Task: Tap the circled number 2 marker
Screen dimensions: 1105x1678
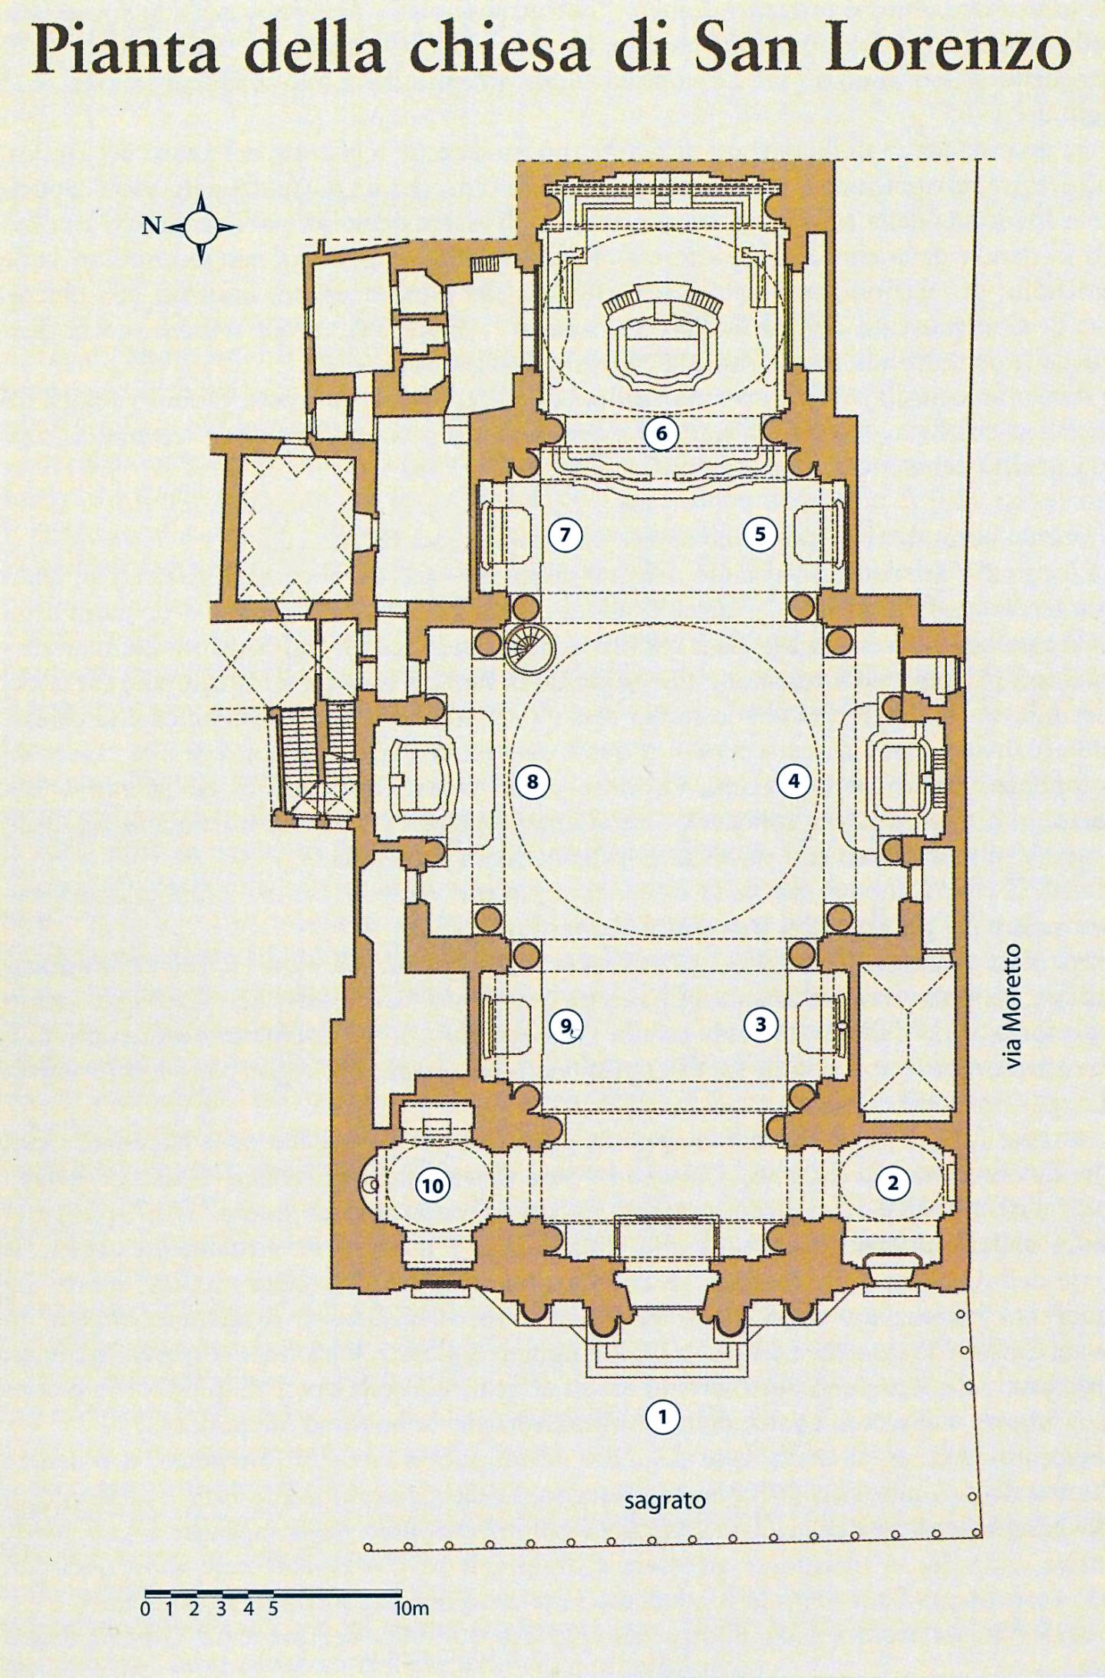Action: click(892, 1183)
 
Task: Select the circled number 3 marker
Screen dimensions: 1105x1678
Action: click(760, 1025)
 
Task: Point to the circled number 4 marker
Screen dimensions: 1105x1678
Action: click(793, 781)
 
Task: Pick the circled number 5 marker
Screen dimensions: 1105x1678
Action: click(760, 534)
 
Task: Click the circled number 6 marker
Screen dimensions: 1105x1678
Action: click(661, 434)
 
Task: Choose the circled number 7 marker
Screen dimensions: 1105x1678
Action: click(566, 534)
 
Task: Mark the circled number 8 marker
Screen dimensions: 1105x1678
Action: click(533, 782)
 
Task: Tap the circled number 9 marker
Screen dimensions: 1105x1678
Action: click(566, 1026)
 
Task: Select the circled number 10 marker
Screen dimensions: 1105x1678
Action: click(433, 1186)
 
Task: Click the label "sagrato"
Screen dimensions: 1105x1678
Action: click(665, 1500)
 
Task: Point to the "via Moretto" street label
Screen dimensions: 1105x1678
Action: click(1013, 1006)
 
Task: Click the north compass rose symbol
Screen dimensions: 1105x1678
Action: click(201, 227)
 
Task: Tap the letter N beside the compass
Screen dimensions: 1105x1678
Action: click(152, 226)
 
